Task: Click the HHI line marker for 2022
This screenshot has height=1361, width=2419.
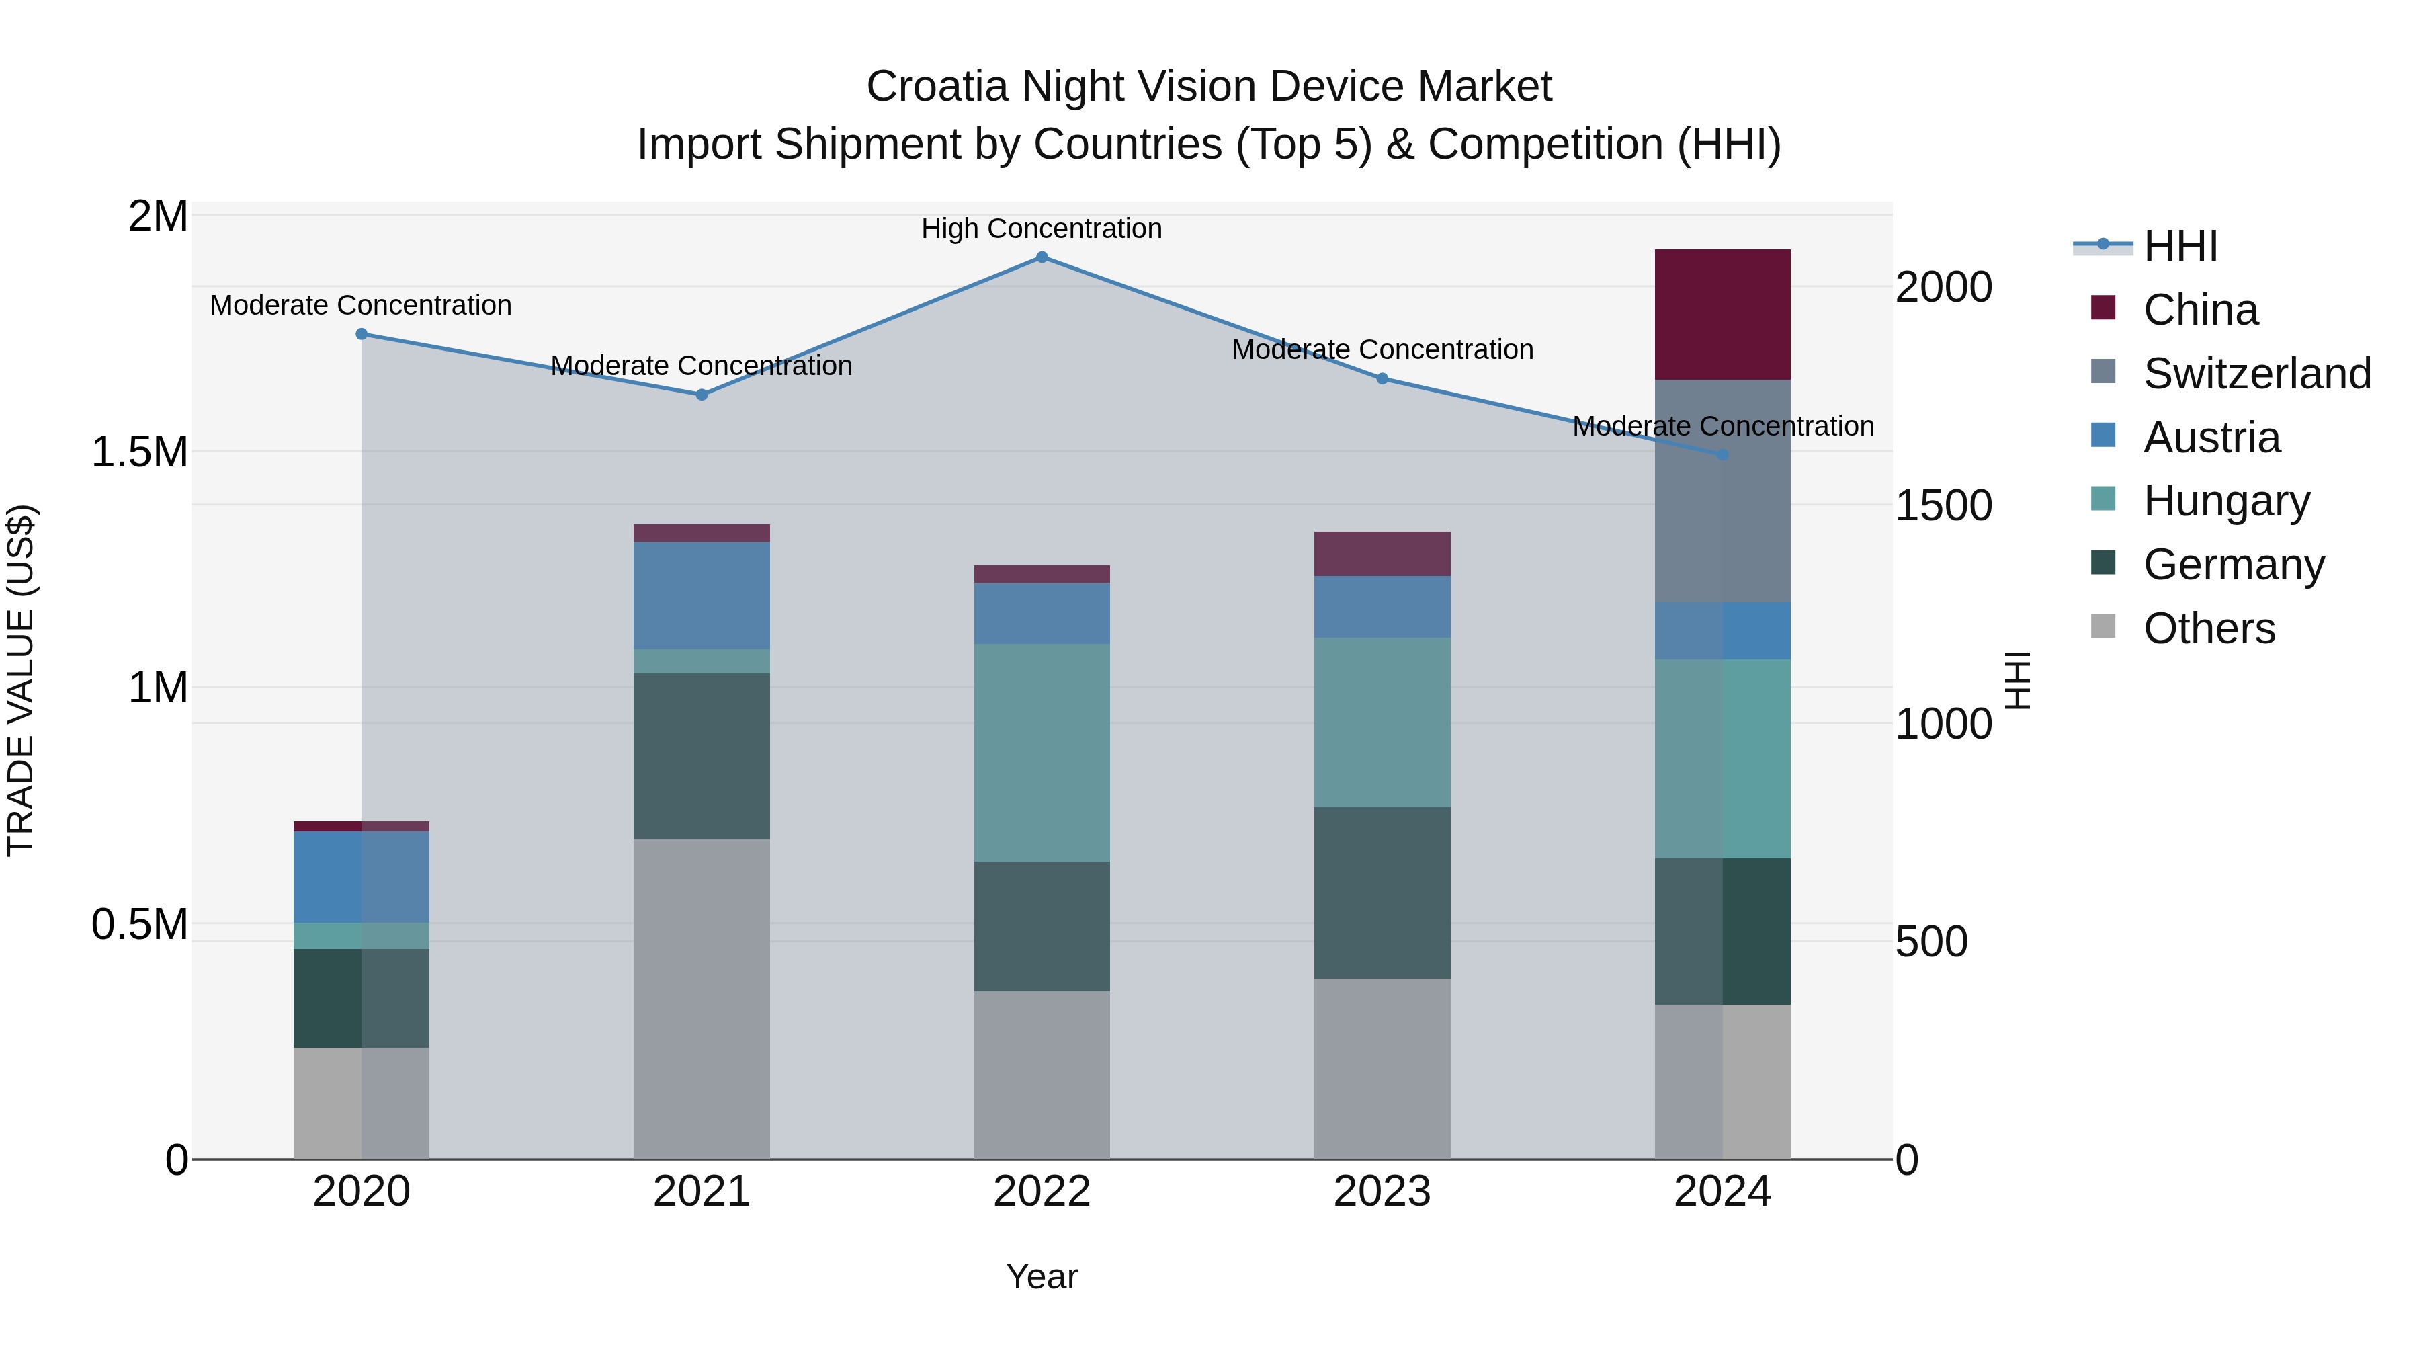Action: point(1042,257)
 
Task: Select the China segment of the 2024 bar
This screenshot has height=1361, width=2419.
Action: point(1722,315)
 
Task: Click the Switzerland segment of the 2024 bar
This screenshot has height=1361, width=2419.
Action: point(1722,491)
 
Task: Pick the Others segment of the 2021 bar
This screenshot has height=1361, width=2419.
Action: point(702,999)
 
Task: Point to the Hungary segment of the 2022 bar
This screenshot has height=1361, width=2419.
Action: point(1042,752)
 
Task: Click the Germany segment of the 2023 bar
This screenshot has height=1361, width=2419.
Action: point(1382,893)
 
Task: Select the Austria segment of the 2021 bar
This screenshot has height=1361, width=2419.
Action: point(702,595)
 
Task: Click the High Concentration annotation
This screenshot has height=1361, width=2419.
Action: point(1042,229)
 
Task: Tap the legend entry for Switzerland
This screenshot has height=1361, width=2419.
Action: point(2256,374)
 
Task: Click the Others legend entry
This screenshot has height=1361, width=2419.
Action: point(2209,628)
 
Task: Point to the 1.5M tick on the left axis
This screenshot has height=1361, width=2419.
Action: point(139,452)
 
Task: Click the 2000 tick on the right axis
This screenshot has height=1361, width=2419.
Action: point(1943,288)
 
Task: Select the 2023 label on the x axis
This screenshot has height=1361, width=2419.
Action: point(1382,1192)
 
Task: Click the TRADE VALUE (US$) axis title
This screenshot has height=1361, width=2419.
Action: point(21,680)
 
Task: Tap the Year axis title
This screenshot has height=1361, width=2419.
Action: point(1042,1276)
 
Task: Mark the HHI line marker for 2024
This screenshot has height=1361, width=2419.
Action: point(1722,454)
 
